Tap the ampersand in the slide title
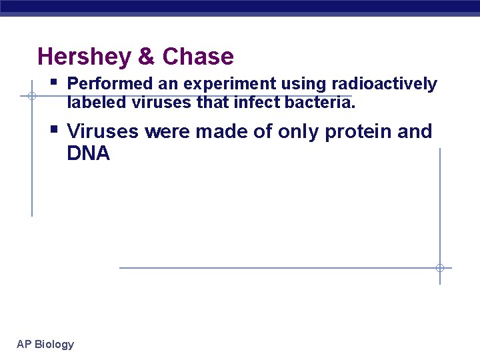(x=146, y=57)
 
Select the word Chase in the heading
(x=198, y=57)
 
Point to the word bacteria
(x=321, y=103)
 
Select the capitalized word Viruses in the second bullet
(x=103, y=131)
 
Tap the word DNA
(x=88, y=154)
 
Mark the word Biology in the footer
(x=54, y=345)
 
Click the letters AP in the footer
(x=24, y=345)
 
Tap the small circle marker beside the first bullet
(x=31, y=96)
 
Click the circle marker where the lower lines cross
(x=439, y=268)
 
